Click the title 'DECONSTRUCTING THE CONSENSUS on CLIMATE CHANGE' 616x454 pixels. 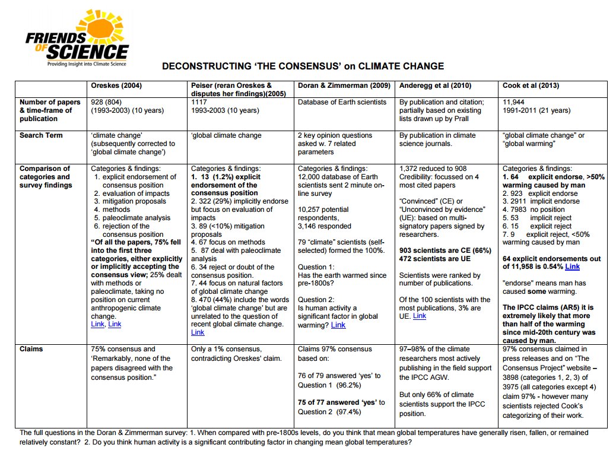pos(303,66)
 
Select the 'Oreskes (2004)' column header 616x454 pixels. pos(116,85)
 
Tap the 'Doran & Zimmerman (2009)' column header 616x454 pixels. pos(344,85)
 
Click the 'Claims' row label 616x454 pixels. pos(31,349)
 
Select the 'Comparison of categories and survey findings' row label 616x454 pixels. pos(45,177)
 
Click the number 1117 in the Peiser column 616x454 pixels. pos(199,102)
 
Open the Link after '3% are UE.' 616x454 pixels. pos(419,316)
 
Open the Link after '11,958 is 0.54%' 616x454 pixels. pos(572,267)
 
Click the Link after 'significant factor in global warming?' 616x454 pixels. pos(338,325)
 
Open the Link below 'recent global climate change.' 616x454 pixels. pos(198,333)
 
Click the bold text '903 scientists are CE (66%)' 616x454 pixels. pos(445,251)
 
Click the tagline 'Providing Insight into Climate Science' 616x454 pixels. pos(87,63)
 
